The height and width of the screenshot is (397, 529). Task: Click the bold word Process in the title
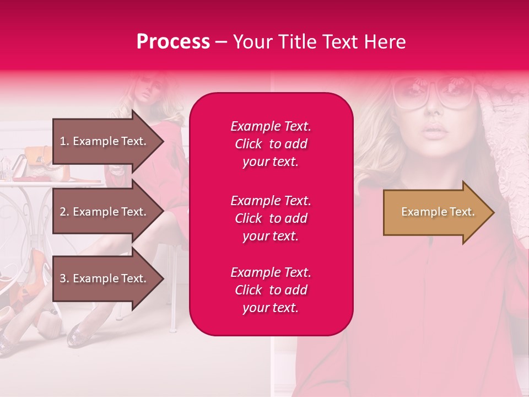[173, 42]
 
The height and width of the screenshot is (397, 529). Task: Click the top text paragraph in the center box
[271, 144]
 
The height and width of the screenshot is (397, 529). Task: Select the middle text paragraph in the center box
[271, 218]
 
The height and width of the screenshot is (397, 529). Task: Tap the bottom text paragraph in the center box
[271, 290]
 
